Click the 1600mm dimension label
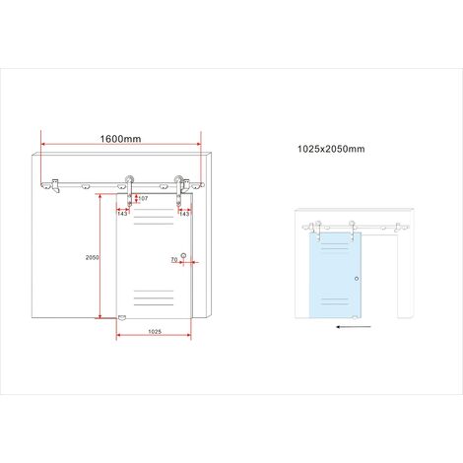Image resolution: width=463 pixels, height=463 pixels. [120, 139]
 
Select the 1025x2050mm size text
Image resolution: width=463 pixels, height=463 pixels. [331, 149]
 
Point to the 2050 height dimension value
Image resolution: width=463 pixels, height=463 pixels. [92, 258]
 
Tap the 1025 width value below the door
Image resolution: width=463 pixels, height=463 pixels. [155, 332]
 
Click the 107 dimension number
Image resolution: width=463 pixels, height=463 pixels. [143, 198]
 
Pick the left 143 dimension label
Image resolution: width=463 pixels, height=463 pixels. [122, 214]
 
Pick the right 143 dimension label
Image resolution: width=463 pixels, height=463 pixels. [184, 214]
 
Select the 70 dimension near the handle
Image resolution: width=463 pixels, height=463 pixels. [174, 259]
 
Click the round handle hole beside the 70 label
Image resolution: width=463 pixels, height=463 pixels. [183, 255]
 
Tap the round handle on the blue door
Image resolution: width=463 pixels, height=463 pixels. [357, 279]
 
